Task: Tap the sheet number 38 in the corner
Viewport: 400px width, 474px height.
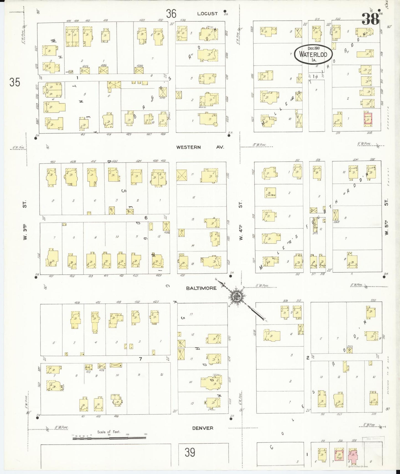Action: [x=370, y=19]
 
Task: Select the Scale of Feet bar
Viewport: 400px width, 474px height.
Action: [x=109, y=438]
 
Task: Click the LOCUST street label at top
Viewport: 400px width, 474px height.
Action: [x=207, y=14]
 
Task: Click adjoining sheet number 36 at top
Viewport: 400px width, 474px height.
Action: [x=171, y=13]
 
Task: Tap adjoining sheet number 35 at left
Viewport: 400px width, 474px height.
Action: [x=15, y=82]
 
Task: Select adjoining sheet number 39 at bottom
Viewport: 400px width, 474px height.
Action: [x=190, y=452]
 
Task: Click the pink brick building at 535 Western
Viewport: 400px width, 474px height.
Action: [x=368, y=118]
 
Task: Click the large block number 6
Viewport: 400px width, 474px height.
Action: [x=146, y=218]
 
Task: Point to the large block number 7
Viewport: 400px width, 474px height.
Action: [x=140, y=359]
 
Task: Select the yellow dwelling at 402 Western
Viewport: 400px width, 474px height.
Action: [x=52, y=177]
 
